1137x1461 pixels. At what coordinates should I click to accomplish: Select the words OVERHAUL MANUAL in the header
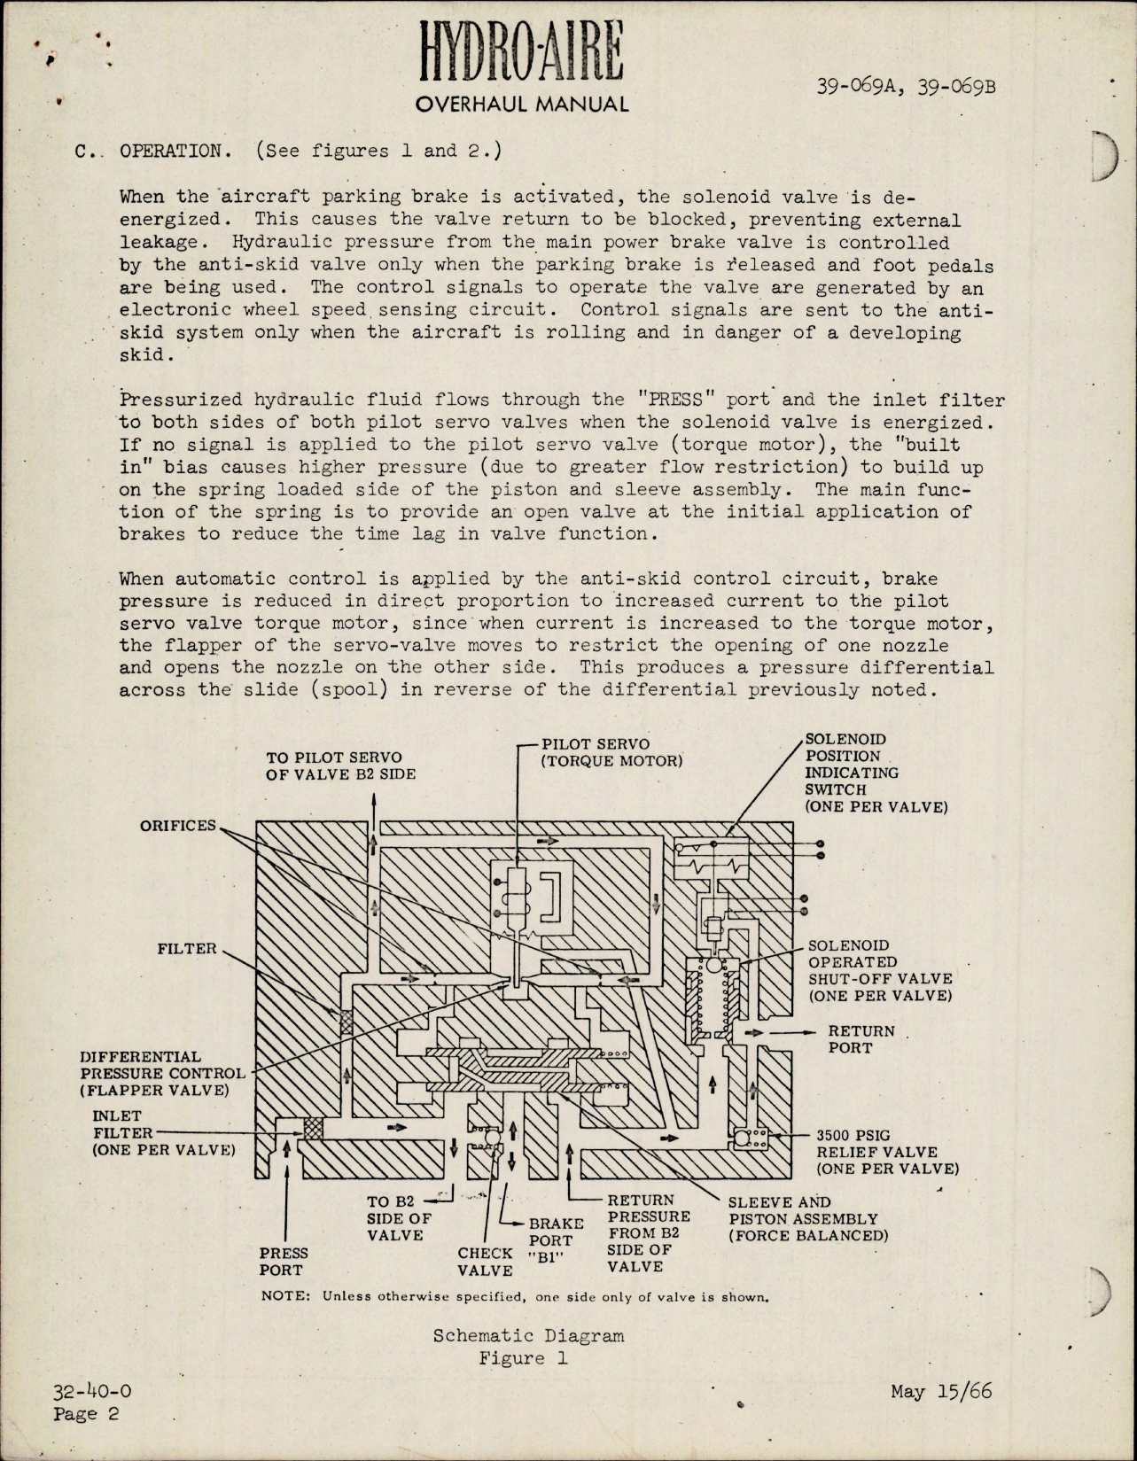tap(522, 105)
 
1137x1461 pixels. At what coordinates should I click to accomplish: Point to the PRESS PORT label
tap(284, 1261)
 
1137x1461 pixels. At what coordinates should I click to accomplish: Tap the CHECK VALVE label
tap(485, 1261)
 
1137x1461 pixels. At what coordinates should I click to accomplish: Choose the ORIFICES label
tap(177, 826)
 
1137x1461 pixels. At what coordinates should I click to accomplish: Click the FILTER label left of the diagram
tap(187, 949)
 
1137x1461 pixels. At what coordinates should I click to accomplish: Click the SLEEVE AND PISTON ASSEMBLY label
tap(806, 1218)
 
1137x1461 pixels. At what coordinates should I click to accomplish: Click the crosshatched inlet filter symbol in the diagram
tap(313, 1128)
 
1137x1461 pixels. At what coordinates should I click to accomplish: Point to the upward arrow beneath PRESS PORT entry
tap(287, 1149)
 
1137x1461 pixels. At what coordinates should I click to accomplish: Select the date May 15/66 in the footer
tap(941, 1391)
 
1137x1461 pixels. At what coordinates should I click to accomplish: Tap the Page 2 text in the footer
tap(86, 1414)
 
